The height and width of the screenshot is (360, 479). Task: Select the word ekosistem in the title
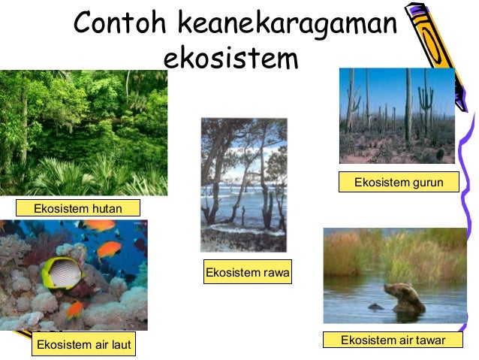[x=230, y=58]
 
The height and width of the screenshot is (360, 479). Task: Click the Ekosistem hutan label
[x=78, y=207]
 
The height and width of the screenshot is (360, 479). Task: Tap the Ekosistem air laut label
[x=84, y=345]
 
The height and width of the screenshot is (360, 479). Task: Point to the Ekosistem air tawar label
[x=393, y=340]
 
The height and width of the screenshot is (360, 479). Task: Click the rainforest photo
[x=83, y=132]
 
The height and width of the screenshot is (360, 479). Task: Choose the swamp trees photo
[x=243, y=185]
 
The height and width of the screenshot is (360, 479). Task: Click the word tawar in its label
[x=429, y=340]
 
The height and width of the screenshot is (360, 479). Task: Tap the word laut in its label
[x=120, y=345]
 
